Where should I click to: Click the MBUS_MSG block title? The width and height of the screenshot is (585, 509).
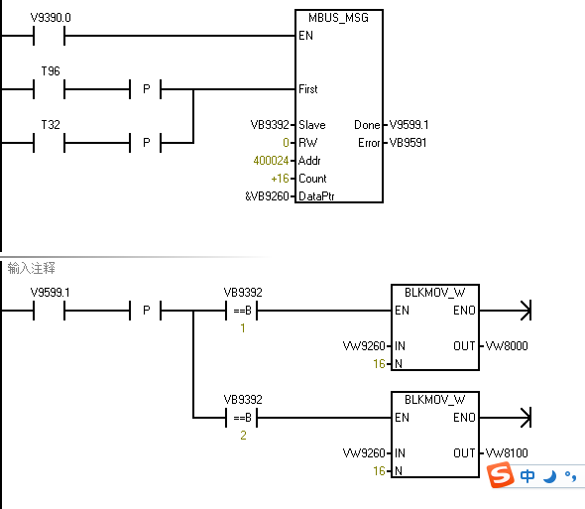click(x=338, y=18)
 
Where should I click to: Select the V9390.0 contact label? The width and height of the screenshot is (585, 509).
click(x=51, y=18)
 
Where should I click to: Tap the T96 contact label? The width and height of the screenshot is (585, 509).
click(x=51, y=71)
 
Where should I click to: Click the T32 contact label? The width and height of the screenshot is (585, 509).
click(x=51, y=124)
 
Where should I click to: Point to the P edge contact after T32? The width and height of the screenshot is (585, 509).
click(x=146, y=143)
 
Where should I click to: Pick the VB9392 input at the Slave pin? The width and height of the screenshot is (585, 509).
click(x=270, y=125)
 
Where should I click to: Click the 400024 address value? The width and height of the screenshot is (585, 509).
click(x=272, y=161)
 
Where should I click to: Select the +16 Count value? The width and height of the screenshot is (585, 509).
click(x=281, y=179)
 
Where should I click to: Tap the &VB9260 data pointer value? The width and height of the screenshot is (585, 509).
click(x=267, y=196)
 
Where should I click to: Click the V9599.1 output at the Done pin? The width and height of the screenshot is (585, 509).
click(x=409, y=125)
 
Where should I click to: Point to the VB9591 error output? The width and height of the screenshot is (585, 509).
click(x=408, y=143)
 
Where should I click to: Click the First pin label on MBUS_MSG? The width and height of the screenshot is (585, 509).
click(x=308, y=89)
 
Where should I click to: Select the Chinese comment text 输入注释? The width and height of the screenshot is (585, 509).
click(x=32, y=268)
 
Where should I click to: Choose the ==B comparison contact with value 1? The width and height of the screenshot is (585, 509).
click(x=242, y=311)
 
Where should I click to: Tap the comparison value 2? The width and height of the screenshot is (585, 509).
click(x=243, y=436)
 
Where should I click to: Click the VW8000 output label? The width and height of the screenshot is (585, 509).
click(x=507, y=346)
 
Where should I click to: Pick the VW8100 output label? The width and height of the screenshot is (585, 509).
click(x=507, y=453)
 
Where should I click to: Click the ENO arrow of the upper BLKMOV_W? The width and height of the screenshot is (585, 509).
click(x=505, y=311)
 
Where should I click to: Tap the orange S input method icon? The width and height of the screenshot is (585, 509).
click(x=501, y=475)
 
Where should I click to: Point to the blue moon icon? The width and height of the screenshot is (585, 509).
click(x=549, y=476)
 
